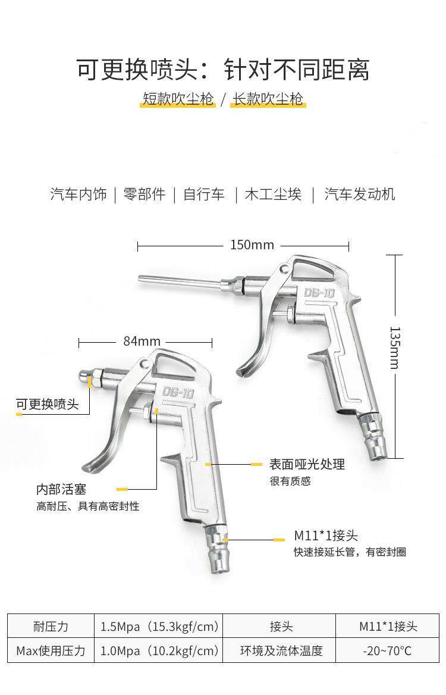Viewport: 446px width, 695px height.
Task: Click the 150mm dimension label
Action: (244, 245)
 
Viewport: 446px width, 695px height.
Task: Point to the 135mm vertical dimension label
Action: (393, 347)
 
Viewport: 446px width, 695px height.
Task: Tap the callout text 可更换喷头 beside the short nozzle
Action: (48, 405)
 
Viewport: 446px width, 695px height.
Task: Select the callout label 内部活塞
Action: (61, 489)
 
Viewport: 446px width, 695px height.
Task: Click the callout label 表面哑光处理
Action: (307, 464)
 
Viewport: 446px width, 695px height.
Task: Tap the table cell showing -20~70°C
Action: (387, 650)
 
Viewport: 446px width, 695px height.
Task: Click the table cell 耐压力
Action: (51, 627)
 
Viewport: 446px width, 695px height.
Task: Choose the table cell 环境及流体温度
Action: (281, 650)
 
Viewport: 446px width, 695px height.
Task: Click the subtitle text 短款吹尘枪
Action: (178, 99)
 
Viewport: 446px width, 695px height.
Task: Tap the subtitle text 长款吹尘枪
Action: (268, 99)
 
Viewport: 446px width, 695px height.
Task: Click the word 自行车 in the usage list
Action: (204, 194)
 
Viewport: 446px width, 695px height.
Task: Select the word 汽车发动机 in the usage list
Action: (359, 194)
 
